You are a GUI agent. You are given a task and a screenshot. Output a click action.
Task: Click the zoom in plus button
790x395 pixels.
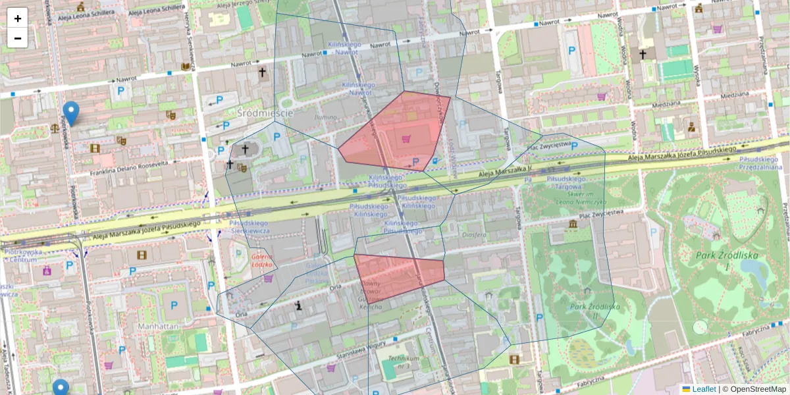point(18,18)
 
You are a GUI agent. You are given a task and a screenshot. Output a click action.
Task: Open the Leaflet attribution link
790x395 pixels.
point(703,389)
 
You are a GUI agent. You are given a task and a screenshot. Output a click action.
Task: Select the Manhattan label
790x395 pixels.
point(159,326)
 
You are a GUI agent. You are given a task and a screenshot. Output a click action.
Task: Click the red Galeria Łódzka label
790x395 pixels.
point(261,261)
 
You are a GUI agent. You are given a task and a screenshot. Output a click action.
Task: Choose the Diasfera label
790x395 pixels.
point(474,234)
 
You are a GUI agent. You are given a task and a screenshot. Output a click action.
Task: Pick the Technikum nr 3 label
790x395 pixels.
point(404,361)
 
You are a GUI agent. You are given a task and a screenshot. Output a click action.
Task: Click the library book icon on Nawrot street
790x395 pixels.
point(186,67)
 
